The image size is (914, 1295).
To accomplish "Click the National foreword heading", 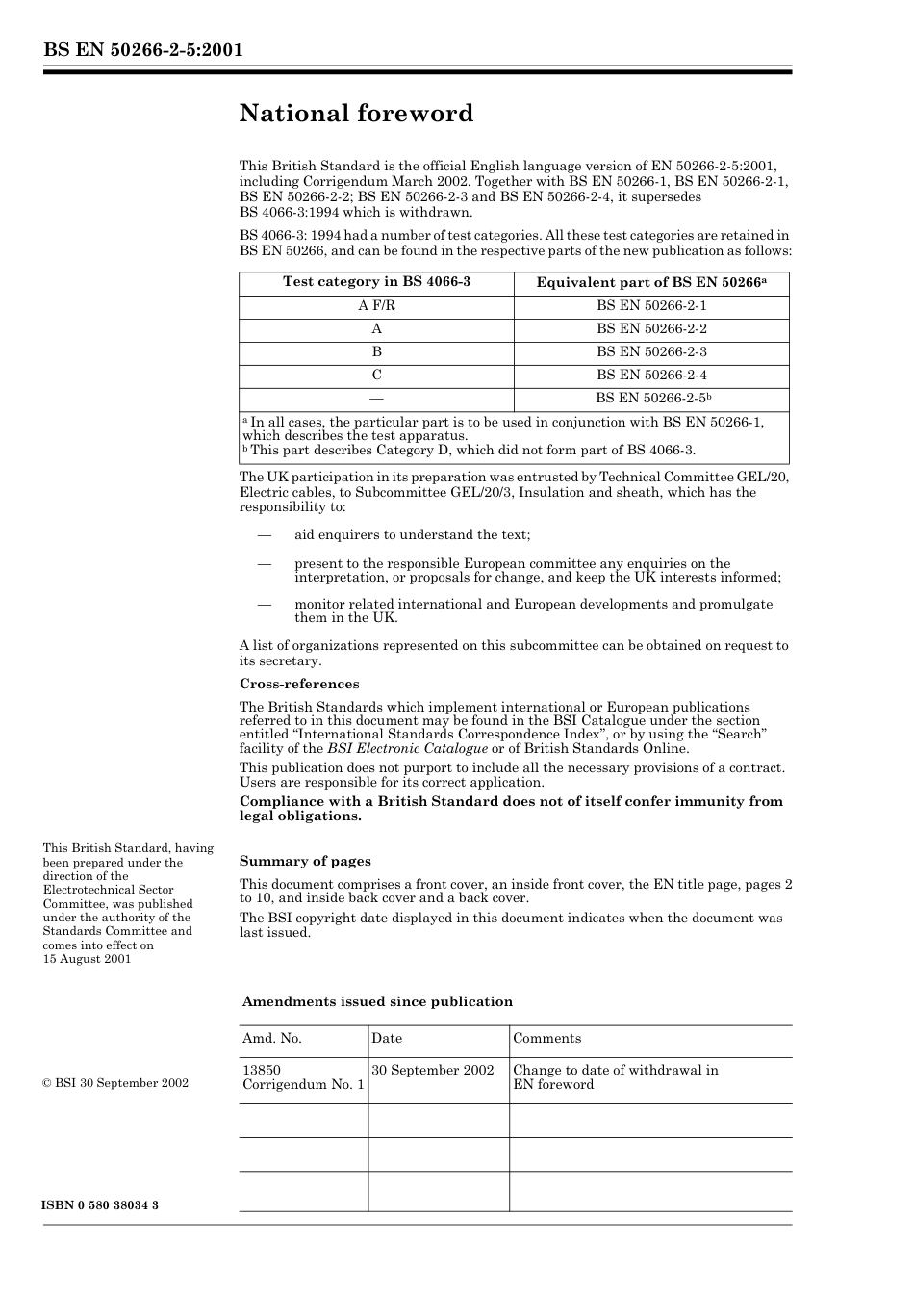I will pyautogui.click(x=356, y=114).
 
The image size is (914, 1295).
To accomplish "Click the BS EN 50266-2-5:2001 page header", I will pyautogui.click(x=142, y=50).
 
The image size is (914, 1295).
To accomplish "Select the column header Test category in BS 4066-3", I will pyautogui.click(x=376, y=282).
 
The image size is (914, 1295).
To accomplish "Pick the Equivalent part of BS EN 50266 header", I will pyautogui.click(x=651, y=282).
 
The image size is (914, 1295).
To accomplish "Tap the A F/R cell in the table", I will pyautogui.click(x=376, y=306).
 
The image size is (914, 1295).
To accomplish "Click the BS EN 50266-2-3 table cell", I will pyautogui.click(x=651, y=352).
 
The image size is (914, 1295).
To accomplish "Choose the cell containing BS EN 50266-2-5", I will pyautogui.click(x=651, y=399).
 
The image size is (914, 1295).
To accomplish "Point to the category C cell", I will pyautogui.click(x=376, y=376).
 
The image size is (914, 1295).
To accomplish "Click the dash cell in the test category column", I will pyautogui.click(x=376, y=399).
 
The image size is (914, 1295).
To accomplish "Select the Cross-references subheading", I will pyautogui.click(x=299, y=685).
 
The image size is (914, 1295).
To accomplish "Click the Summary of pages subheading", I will pyautogui.click(x=305, y=862).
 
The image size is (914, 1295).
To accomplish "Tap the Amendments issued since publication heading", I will pyautogui.click(x=377, y=1002).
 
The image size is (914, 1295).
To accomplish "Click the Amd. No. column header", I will pyautogui.click(x=272, y=1039).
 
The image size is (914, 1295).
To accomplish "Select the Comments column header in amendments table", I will pyautogui.click(x=546, y=1039).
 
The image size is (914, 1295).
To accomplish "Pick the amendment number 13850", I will pyautogui.click(x=262, y=1070).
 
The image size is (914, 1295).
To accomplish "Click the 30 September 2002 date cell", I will pyautogui.click(x=433, y=1070).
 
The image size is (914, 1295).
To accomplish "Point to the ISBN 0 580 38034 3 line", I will pyautogui.click(x=101, y=1205).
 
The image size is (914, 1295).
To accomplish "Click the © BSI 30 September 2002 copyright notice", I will pyautogui.click(x=115, y=1083).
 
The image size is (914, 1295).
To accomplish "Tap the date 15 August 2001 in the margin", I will pyautogui.click(x=87, y=959).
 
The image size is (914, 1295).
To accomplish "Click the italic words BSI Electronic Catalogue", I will pyautogui.click(x=407, y=749).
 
